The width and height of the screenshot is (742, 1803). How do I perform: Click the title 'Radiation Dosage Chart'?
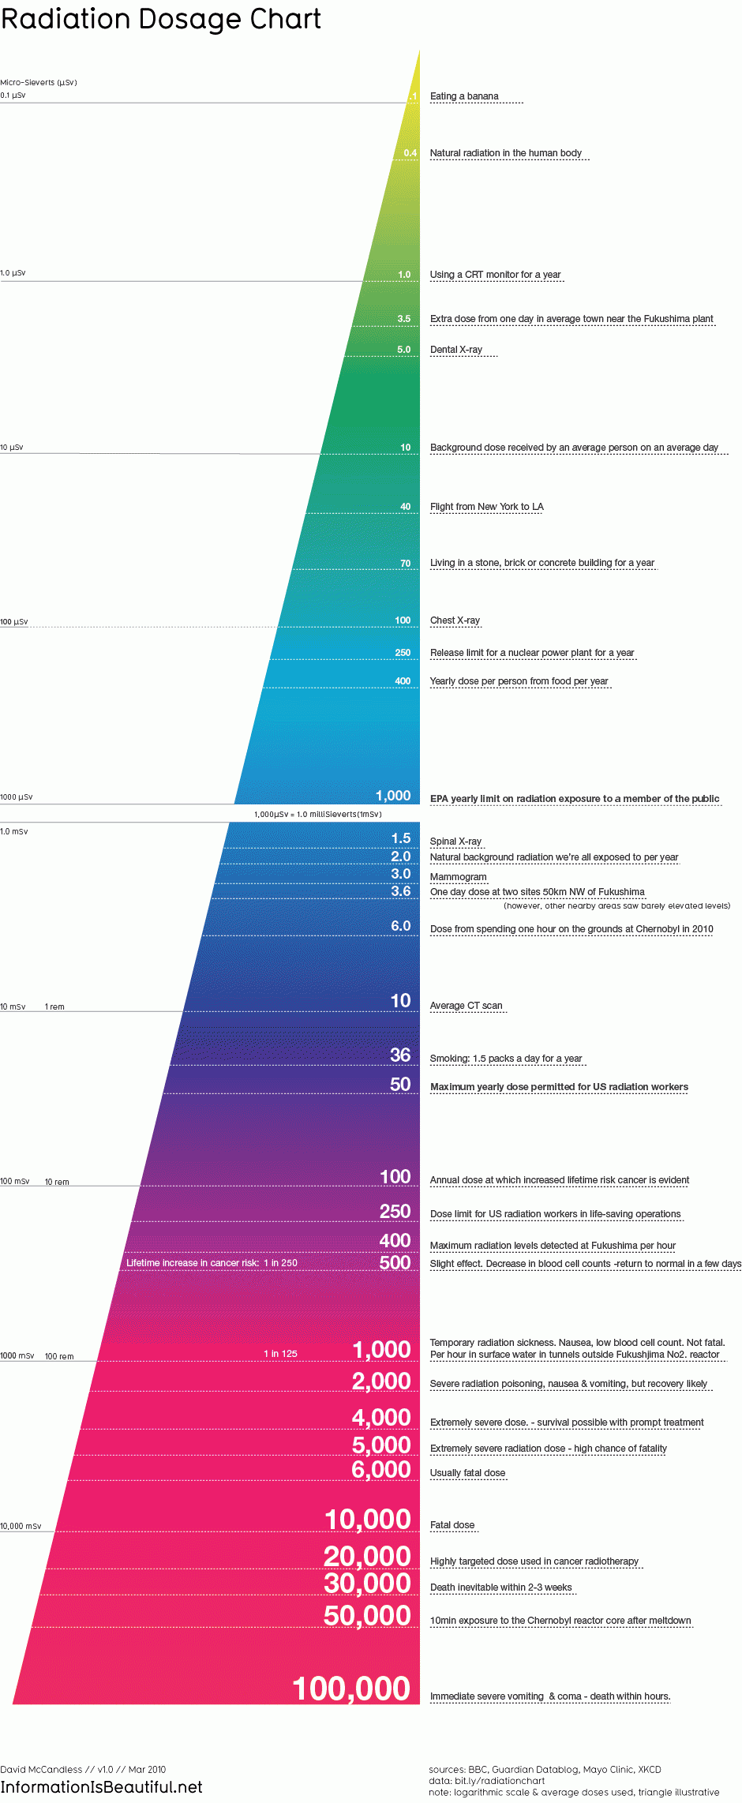(161, 19)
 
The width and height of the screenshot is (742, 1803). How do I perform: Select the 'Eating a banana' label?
(464, 96)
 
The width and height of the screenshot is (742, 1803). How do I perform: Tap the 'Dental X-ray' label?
(456, 350)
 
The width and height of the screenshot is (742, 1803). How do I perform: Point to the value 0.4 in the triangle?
(410, 153)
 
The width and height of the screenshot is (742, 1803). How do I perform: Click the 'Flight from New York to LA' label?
(486, 507)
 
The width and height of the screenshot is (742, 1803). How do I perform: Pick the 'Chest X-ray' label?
(455, 620)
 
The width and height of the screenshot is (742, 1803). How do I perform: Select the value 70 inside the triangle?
(405, 564)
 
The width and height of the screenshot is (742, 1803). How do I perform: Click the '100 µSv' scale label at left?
(14, 622)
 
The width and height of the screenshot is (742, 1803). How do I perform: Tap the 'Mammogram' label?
(458, 877)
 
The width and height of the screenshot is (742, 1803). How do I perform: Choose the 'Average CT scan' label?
(466, 1006)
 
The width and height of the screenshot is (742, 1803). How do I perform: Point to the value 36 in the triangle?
(400, 1055)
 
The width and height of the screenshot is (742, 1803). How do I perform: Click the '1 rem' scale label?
(54, 1007)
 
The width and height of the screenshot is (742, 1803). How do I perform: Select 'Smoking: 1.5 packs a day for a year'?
(505, 1059)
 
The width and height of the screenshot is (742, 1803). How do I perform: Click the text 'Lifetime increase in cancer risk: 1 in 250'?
(212, 1263)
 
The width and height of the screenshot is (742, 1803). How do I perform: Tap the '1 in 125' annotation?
(280, 1354)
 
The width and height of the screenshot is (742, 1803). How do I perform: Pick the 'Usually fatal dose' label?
(467, 1473)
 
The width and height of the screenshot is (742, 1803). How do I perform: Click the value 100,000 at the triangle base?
(351, 1689)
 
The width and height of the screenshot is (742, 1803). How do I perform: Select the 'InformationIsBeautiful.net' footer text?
(101, 1787)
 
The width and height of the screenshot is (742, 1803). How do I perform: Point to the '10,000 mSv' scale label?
(21, 1527)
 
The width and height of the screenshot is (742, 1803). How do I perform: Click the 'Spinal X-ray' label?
(455, 842)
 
